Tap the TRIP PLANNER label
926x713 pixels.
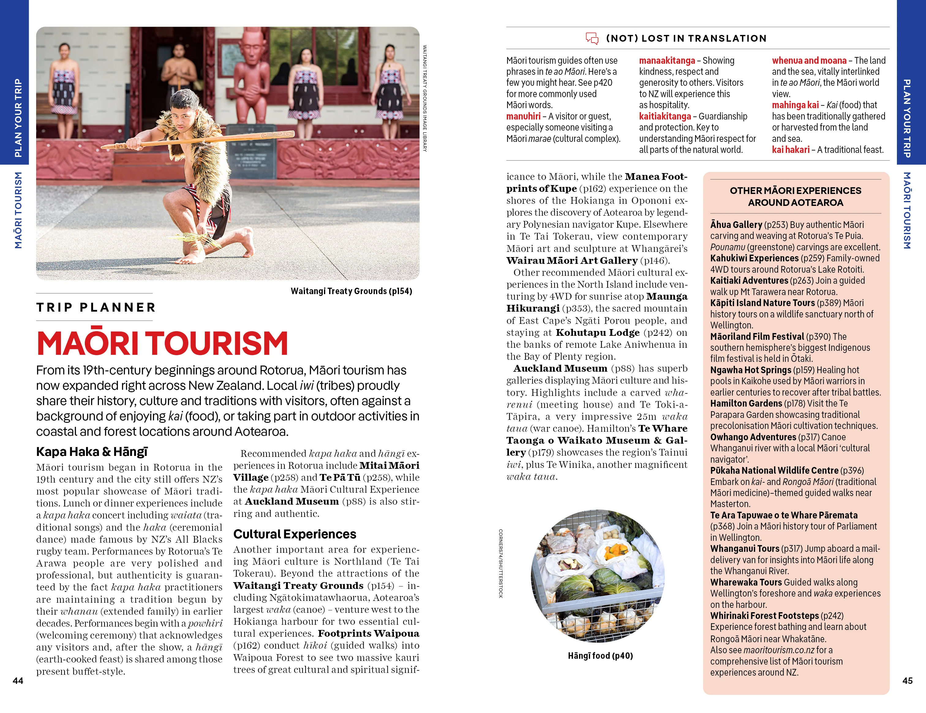96,307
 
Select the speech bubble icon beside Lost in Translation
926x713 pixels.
592,38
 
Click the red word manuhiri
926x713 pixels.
523,116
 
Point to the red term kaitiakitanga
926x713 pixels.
665,116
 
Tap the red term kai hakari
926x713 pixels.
790,150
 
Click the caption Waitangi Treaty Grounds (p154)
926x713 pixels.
351,291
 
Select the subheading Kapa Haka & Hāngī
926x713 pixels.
92,452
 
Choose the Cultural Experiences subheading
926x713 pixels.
295,534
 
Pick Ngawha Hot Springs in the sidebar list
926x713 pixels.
751,370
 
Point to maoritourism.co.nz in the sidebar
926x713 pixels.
779,650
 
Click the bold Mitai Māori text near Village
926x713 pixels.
389,465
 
